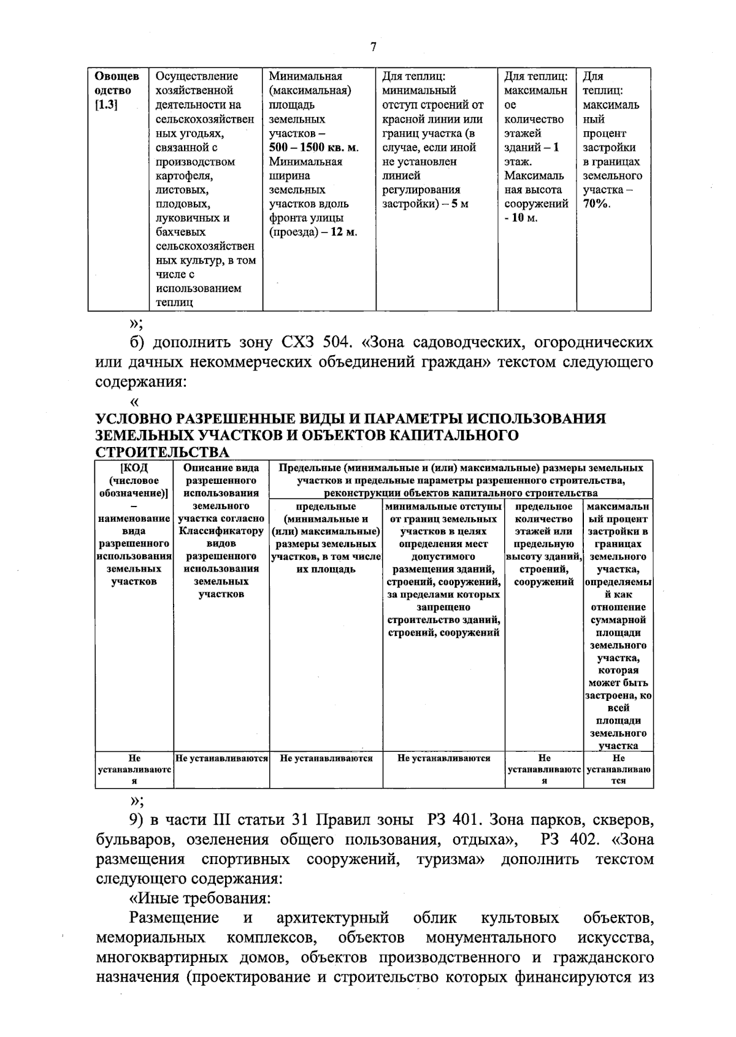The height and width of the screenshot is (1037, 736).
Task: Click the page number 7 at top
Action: pos(374,48)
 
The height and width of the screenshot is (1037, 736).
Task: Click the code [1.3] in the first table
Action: pos(106,105)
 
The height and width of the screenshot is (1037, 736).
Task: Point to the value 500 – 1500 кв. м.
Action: pos(313,148)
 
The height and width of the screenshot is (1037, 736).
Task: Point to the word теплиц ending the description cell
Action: pos(174,303)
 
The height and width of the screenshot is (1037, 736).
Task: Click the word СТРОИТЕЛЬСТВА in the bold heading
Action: pos(163,453)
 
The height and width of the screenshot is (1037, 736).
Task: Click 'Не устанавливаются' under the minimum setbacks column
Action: pos(443,758)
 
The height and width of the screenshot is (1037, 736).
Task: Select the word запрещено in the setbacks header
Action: pos(443,607)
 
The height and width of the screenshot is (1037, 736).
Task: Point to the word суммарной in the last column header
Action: pos(618,620)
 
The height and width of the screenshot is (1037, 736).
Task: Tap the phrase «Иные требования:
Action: pos(200,898)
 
